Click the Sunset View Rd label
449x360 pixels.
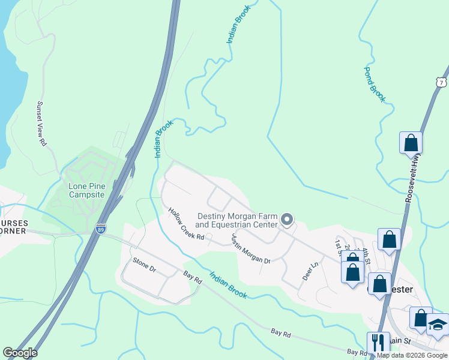[41, 124]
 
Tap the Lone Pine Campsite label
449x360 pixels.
[86, 190]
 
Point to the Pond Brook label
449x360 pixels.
[374, 85]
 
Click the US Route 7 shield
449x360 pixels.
[442, 82]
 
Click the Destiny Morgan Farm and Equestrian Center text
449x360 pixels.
[238, 220]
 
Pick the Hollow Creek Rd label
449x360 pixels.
[186, 224]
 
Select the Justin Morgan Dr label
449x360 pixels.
[250, 248]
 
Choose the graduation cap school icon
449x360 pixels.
[438, 324]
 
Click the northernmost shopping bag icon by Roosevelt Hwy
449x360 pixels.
[411, 143]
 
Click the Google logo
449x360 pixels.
[20, 353]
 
